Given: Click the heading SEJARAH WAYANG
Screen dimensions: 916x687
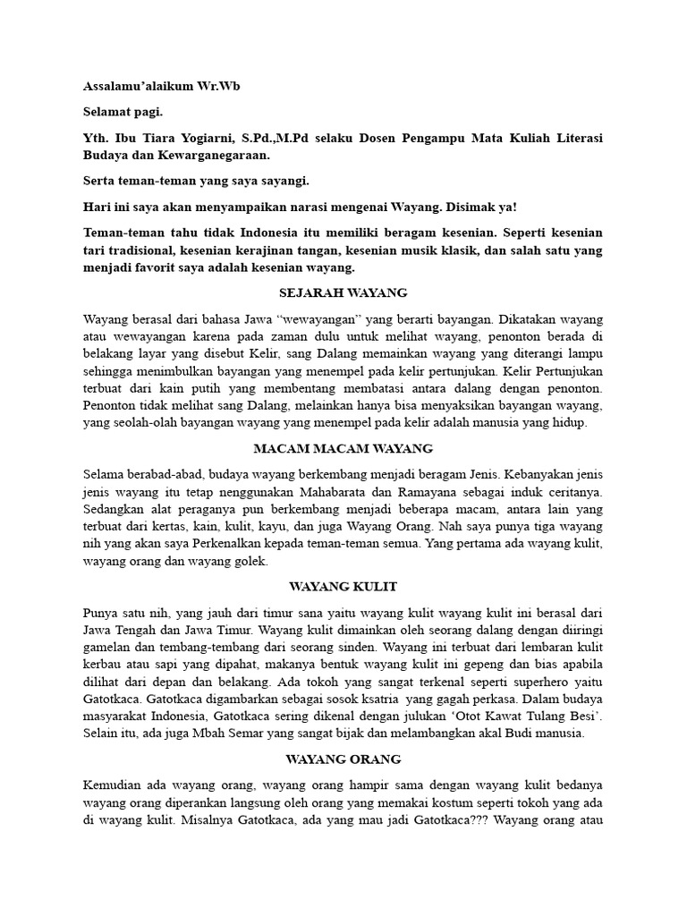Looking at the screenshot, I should point(343,293).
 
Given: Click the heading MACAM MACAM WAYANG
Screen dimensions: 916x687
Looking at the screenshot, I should point(343,447).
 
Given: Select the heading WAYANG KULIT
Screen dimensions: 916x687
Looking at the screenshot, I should point(343,586).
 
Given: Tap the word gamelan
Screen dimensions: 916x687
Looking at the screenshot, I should point(106,646).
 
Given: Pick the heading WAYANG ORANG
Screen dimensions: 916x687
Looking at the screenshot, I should point(343,759).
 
